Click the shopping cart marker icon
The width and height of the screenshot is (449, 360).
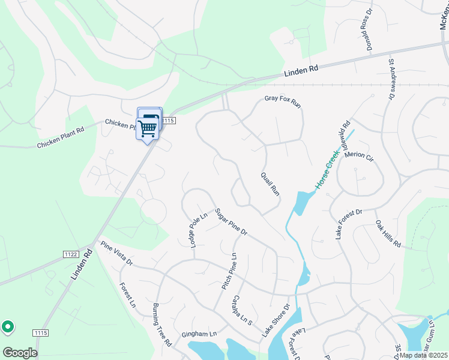click(147, 127)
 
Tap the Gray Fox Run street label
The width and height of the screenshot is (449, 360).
click(282, 102)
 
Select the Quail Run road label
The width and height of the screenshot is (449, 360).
click(270, 184)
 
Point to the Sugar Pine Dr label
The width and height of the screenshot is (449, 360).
click(231, 222)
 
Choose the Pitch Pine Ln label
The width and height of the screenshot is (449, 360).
click(229, 271)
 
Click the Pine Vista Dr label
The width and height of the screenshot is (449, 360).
click(116, 254)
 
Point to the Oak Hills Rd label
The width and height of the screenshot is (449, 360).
click(388, 234)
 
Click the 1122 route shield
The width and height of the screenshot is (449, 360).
click(70, 254)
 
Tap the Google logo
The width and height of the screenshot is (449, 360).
click(20, 353)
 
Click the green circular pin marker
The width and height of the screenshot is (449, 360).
click(8, 327)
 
